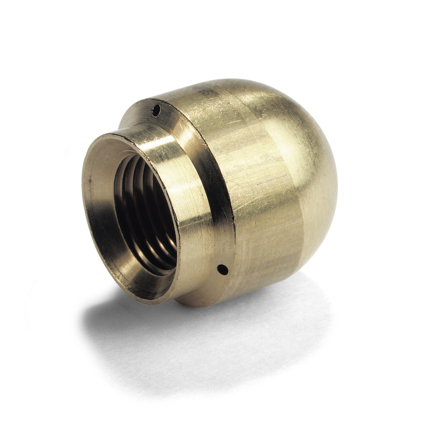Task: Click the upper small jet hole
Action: tap(156, 110)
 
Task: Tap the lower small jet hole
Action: tap(223, 270)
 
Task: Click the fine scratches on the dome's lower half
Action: tap(274, 248)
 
